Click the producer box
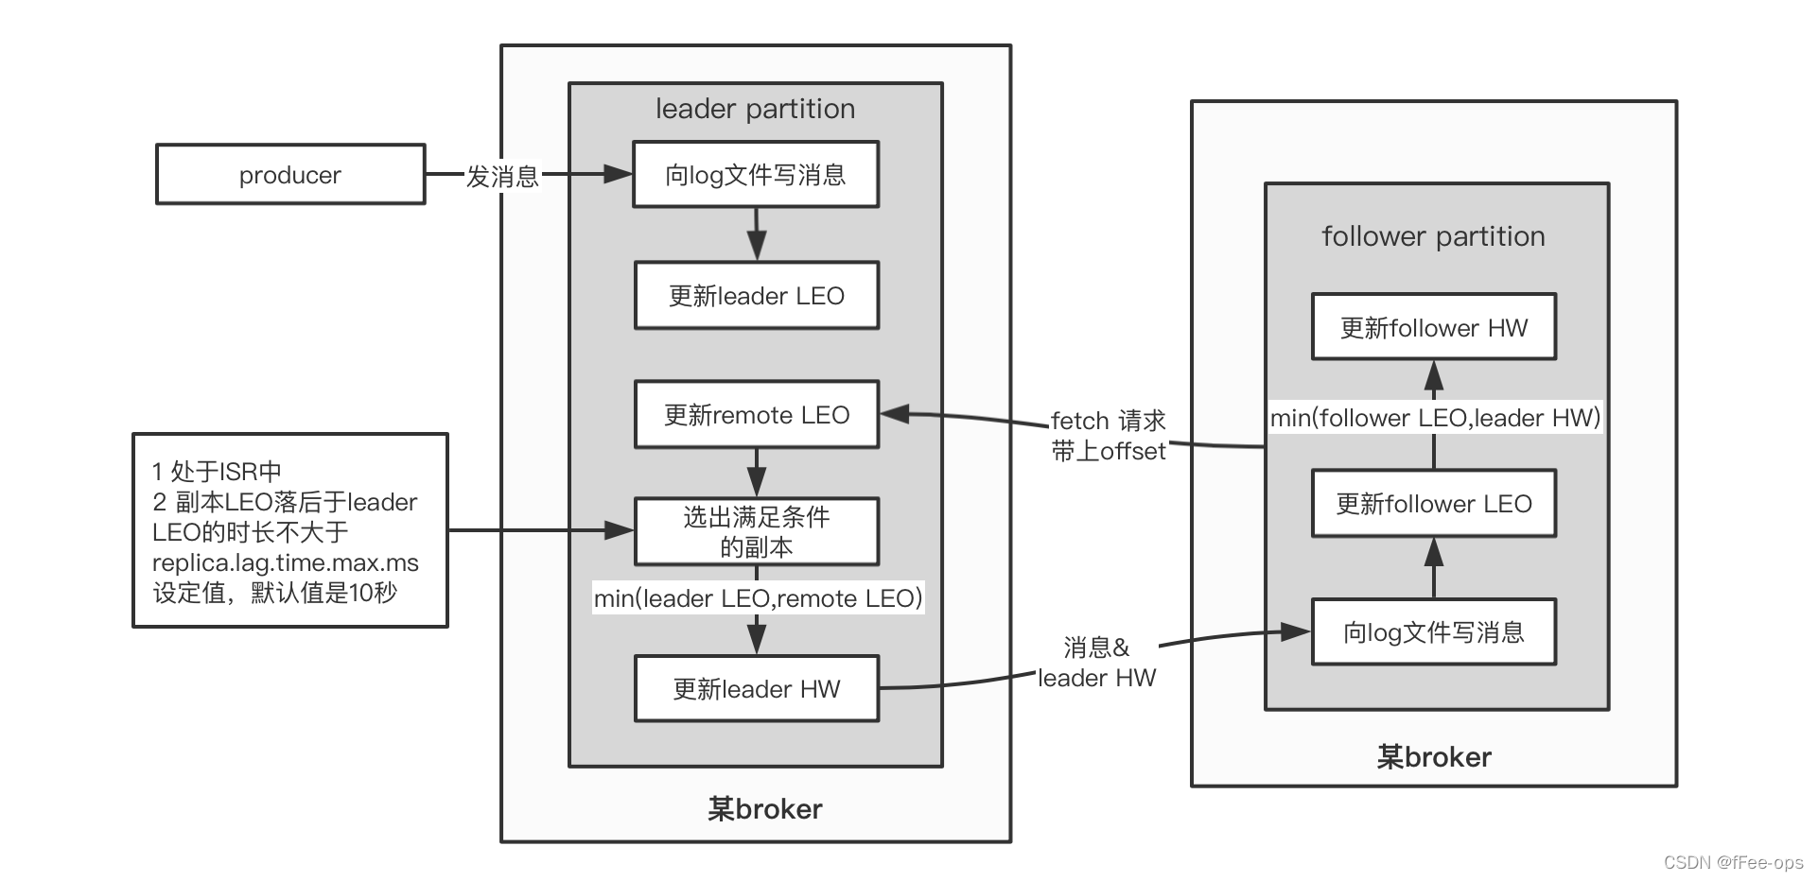pos(289,174)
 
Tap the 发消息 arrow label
pos(501,176)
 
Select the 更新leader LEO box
pos(756,296)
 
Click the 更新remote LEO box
pos(756,415)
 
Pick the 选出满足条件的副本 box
pos(756,531)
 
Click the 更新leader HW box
pos(756,689)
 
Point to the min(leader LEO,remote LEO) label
pos(758,598)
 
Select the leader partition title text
pos(755,109)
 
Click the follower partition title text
pos(1433,236)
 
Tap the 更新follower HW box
pos(1433,328)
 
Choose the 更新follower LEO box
pos(1433,504)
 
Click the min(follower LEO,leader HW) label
pos(1435,418)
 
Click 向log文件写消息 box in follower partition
pos(1433,632)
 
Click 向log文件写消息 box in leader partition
pos(756,175)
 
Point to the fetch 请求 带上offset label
pos(1108,436)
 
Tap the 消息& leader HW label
pos(1096,663)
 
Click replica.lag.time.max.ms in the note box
pos(285,563)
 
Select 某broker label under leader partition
pos(764,809)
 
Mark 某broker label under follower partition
pos(1433,757)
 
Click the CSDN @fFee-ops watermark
pos(1733,862)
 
